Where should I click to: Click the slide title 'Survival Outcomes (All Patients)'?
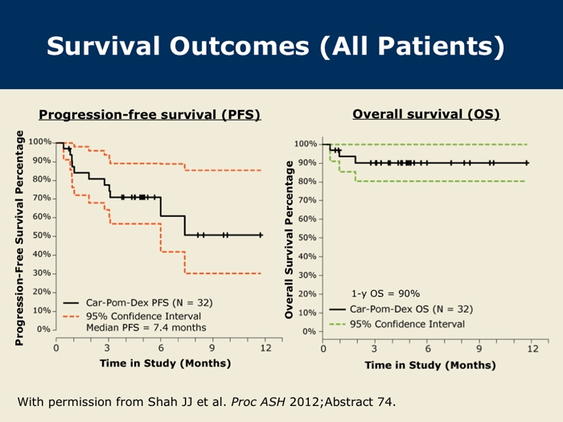[275, 46]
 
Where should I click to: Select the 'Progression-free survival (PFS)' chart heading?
[150, 114]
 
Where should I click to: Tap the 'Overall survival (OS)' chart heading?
[426, 114]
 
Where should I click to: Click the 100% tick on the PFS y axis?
[40, 142]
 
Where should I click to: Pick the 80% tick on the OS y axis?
[306, 182]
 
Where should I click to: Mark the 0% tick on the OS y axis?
[309, 331]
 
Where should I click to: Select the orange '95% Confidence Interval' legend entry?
[143, 316]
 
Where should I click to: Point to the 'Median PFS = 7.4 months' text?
[147, 328]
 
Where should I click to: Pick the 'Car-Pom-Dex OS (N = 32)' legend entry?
[411, 309]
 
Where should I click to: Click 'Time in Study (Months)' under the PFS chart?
[165, 363]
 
